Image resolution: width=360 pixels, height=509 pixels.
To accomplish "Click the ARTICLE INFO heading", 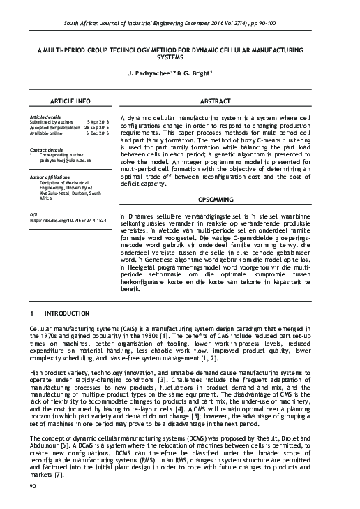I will pyautogui.click(x=70, y=101).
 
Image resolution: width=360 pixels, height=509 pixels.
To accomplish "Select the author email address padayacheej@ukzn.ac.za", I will pyautogui.click(x=68, y=160).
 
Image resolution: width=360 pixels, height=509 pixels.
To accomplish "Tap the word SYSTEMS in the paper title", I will pyautogui.click(x=179, y=58).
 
